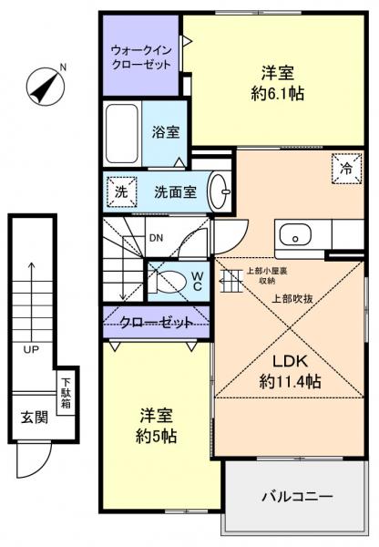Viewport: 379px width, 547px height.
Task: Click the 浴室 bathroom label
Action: pyautogui.click(x=165, y=131)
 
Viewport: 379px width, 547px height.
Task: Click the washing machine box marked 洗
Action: pyautogui.click(x=120, y=191)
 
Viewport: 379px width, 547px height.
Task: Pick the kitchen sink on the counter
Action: pyautogui.click(x=297, y=235)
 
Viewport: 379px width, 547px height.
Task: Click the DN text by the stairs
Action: pyautogui.click(x=156, y=239)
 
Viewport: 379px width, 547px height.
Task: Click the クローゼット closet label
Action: pyautogui.click(x=156, y=323)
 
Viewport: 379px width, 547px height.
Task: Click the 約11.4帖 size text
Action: pyautogui.click(x=289, y=382)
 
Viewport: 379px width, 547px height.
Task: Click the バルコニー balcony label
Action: pyautogui.click(x=298, y=497)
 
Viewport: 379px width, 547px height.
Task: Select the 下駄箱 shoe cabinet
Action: pyautogui.click(x=66, y=392)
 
